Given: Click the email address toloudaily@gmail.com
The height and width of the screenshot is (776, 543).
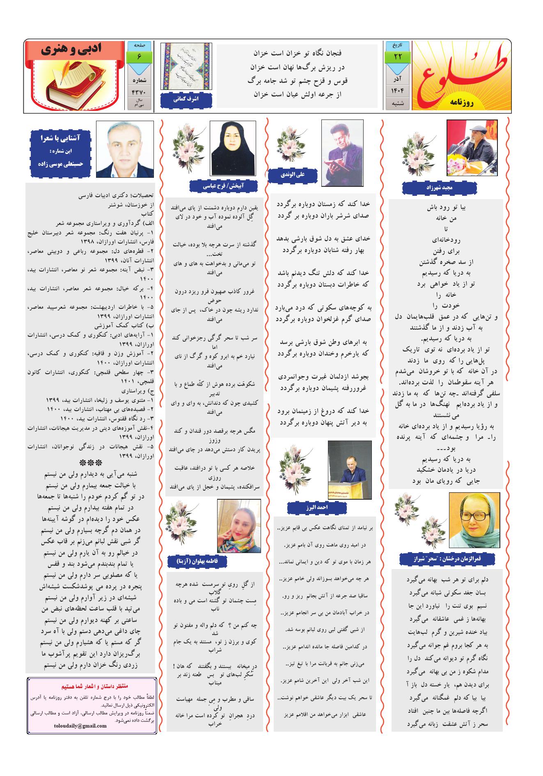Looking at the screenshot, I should (x=80, y=725).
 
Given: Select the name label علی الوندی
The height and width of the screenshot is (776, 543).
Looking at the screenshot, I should (x=292, y=174).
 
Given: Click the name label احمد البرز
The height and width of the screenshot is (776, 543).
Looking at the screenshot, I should (x=316, y=507).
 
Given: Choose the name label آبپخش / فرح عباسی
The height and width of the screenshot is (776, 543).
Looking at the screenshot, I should (x=224, y=186).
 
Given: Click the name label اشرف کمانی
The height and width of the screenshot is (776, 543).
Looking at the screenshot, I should (x=186, y=99).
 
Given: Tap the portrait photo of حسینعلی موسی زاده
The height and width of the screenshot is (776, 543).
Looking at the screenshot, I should (x=125, y=149).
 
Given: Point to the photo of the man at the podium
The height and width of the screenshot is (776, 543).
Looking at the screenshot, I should (x=350, y=469).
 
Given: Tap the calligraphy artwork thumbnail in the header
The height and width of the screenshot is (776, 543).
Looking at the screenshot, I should (x=186, y=67).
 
